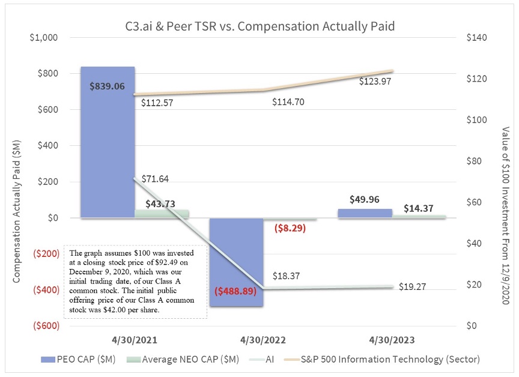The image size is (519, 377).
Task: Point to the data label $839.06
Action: [107, 86]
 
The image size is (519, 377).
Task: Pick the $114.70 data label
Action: [288, 102]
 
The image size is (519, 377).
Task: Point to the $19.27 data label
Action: [412, 287]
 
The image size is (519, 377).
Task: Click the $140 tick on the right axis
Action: [476, 38]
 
